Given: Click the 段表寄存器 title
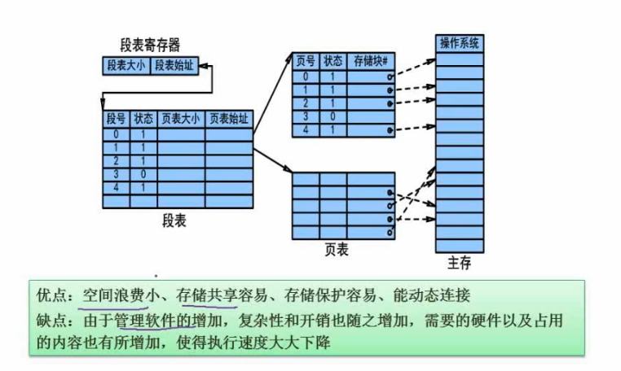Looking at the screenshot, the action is tap(150, 45).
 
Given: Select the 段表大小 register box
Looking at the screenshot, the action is tap(126, 66).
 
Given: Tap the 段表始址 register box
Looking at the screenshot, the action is tap(174, 66).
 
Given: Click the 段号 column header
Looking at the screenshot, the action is tap(116, 119).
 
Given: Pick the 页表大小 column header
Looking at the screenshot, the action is tap(181, 119).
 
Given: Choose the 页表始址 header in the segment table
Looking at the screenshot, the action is tap(229, 119).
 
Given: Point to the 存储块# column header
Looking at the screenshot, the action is tap(371, 61).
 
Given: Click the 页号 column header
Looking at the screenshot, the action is tap(306, 61).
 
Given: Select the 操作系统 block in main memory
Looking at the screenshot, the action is tap(460, 43).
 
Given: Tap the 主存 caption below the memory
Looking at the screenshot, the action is tap(460, 263).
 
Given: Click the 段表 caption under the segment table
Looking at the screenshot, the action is tap(174, 220).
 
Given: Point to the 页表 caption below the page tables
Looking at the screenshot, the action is tap(337, 250).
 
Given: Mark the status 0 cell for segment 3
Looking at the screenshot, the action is tap(143, 174).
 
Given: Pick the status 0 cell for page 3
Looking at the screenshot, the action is tap(333, 116).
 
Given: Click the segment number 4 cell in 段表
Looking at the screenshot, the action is tap(116, 187).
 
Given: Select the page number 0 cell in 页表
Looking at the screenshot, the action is tap(306, 76).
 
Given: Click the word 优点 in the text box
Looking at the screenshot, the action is tap(50, 295).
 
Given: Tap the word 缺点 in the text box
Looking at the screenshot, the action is tap(50, 321).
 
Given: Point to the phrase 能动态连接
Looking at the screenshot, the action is tap(432, 295).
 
